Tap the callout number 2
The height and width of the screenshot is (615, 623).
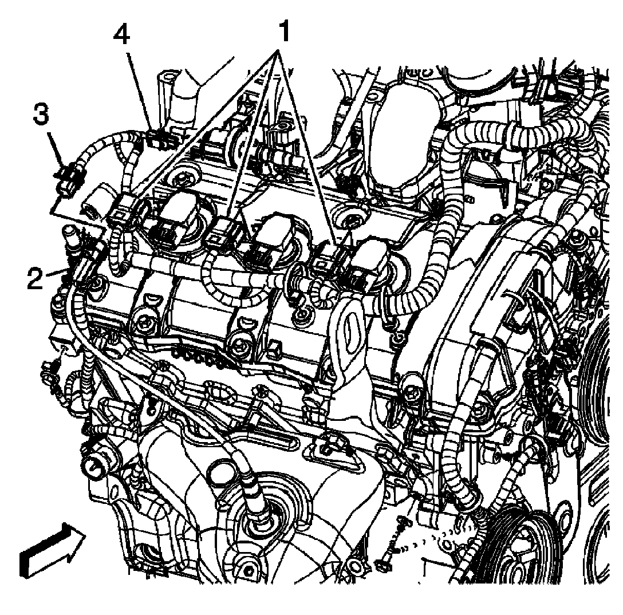[x=35, y=279]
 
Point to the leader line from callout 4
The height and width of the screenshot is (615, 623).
[x=140, y=89]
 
